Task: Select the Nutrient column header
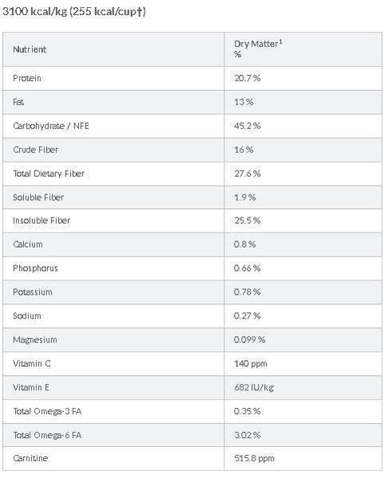click(x=30, y=49)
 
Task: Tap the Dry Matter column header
click(x=258, y=49)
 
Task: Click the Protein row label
click(x=27, y=78)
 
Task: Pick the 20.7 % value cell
click(x=247, y=78)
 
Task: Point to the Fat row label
click(x=18, y=102)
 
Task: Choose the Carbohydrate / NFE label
click(x=51, y=126)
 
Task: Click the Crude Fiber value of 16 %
click(x=243, y=150)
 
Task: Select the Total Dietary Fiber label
click(x=49, y=174)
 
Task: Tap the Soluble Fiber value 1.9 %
click(x=245, y=198)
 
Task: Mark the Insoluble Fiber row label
click(x=42, y=221)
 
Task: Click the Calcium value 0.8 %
click(x=245, y=245)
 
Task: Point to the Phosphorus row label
click(x=35, y=268)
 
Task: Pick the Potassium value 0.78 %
click(x=247, y=292)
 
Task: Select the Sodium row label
click(x=27, y=315)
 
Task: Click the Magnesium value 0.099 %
click(x=249, y=339)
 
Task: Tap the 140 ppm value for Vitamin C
click(x=251, y=364)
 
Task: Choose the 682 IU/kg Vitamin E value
click(x=254, y=387)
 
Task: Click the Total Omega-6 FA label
click(x=47, y=435)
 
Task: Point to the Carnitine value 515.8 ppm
click(x=254, y=458)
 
